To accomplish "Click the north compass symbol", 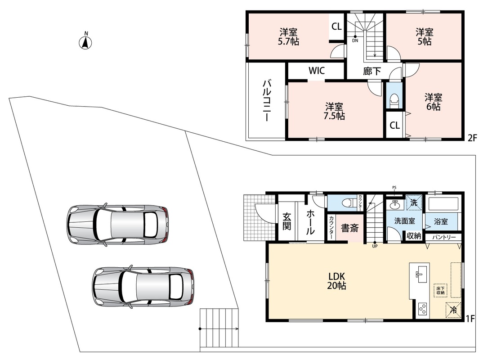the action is (x=85, y=42).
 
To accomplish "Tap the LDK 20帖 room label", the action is (x=337, y=281).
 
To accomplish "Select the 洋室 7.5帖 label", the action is (x=334, y=111).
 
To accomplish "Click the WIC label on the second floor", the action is (x=317, y=70).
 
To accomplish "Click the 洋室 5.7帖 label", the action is (x=288, y=37).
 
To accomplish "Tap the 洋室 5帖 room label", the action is (x=425, y=37).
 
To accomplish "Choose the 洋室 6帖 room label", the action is (x=433, y=102).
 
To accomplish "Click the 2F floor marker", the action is (x=472, y=138).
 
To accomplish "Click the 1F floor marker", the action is (x=470, y=319).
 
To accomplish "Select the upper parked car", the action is (x=118, y=225).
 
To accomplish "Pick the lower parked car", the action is (x=143, y=287).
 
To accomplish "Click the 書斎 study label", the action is (x=350, y=228).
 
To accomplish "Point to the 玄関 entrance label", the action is (x=287, y=221).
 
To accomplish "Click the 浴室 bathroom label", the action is (x=441, y=221).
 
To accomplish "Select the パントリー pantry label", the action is (x=444, y=237).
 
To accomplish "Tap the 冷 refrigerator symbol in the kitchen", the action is (x=453, y=310).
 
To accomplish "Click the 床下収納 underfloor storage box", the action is (x=440, y=291).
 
